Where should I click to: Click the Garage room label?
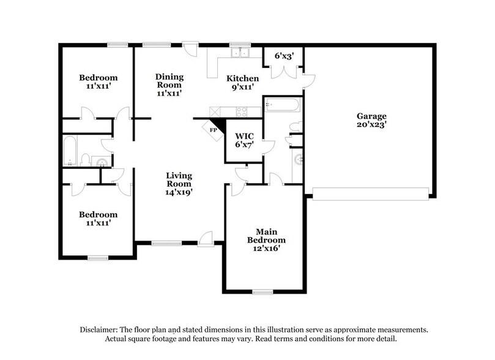372,116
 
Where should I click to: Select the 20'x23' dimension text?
372,125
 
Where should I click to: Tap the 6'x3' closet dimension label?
285,56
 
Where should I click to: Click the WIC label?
244,136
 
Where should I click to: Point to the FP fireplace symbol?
214,130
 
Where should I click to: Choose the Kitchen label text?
243,78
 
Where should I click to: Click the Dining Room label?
170,81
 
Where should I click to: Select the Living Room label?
179,179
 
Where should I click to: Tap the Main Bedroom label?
266,236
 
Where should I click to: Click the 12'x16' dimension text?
266,249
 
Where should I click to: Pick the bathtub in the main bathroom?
281,105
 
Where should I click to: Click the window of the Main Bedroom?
262,291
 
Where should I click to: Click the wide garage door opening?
370,197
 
